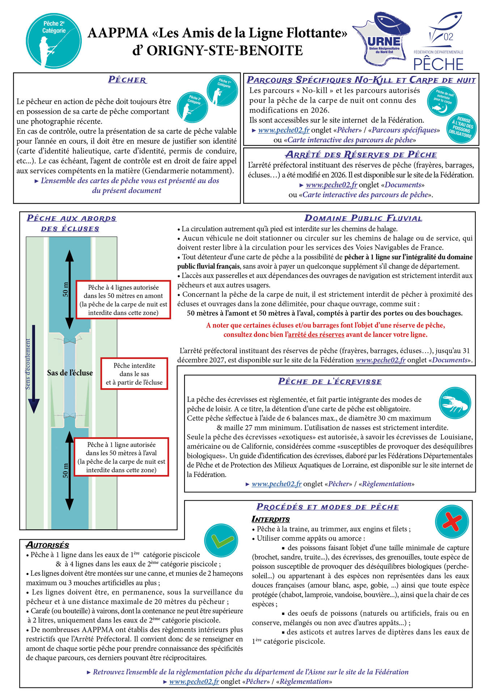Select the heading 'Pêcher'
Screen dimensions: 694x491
tap(127, 80)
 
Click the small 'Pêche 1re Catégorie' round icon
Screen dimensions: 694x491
tap(222, 91)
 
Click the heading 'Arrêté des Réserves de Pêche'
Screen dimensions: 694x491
tap(361, 155)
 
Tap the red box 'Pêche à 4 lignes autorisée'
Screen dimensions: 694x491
tap(123, 300)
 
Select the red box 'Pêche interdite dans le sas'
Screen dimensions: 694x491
tap(134, 374)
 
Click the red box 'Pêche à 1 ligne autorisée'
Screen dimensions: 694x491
tap(121, 457)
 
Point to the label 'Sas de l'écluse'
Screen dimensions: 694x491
tap(70, 373)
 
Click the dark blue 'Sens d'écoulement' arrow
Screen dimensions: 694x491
tap(34, 369)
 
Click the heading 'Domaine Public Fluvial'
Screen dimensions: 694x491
tap(363, 218)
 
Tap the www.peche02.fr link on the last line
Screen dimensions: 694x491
tap(194, 681)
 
